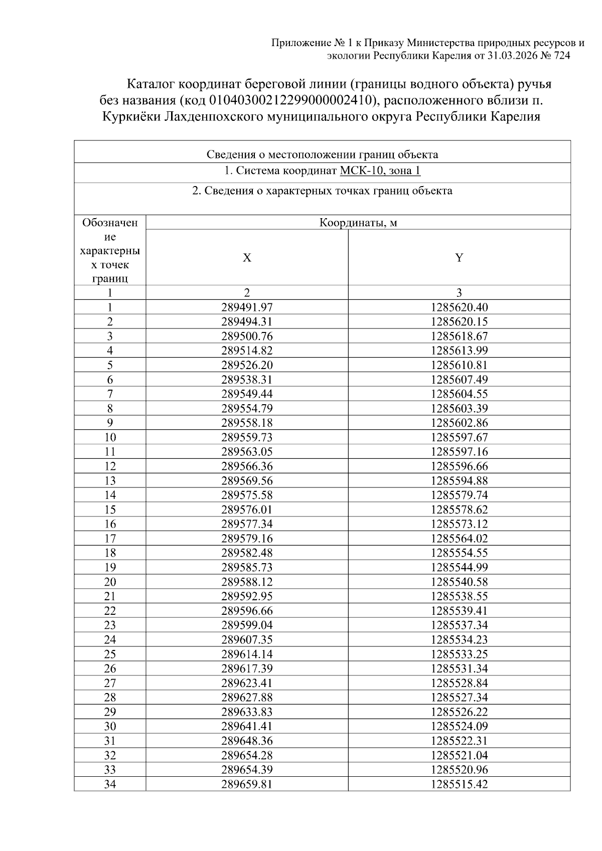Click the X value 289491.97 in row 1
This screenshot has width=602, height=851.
[x=247, y=307]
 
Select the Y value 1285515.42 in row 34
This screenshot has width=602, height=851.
[x=459, y=784]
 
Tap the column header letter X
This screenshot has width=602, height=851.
[x=247, y=258]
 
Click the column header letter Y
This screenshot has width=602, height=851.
[x=459, y=258]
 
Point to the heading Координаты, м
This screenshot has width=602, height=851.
[x=358, y=223]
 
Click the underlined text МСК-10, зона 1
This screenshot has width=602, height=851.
[x=380, y=171]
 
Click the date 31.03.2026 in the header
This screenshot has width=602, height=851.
[x=512, y=56]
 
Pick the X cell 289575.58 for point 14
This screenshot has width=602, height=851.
[x=247, y=495]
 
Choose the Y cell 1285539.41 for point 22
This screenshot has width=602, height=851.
[x=459, y=610]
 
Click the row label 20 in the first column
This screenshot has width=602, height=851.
[x=110, y=582]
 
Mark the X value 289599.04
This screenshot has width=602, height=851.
[x=247, y=625]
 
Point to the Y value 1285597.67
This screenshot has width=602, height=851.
[x=459, y=437]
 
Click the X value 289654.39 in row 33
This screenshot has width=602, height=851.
[x=247, y=769]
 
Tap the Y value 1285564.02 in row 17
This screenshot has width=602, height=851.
[x=459, y=538]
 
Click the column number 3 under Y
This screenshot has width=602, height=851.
[x=459, y=292]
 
